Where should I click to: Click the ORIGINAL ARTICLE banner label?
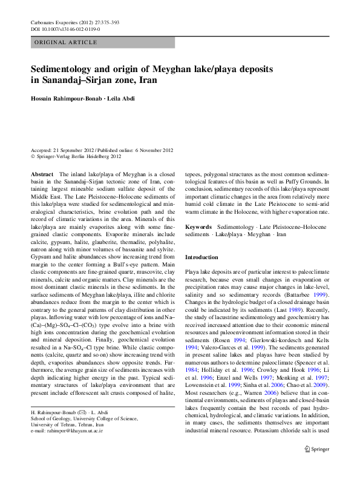[66, 42]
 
